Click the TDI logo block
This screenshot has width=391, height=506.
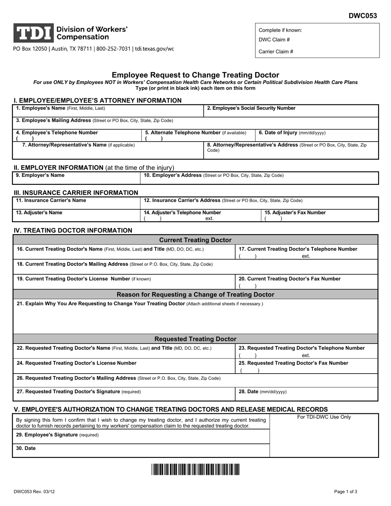pyautogui.click(x=34, y=33)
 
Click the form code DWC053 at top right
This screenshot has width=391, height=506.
pyautogui.click(x=363, y=16)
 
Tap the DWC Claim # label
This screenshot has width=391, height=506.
pyautogui.click(x=274, y=40)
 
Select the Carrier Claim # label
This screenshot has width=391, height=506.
pyautogui.click(x=276, y=52)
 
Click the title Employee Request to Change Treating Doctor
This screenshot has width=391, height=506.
pyautogui.click(x=195, y=75)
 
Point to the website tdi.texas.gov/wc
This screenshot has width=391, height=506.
pyautogui.click(x=153, y=49)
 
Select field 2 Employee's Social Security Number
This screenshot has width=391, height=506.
pyautogui.click(x=251, y=108)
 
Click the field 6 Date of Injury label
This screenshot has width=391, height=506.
pyautogui.click(x=292, y=133)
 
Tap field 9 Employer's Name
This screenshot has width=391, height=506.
pyautogui.click(x=40, y=175)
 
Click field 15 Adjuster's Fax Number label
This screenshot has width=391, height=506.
pyautogui.click(x=295, y=213)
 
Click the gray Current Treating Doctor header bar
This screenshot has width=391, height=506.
pyautogui.click(x=195, y=240)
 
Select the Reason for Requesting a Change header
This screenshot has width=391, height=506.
pyautogui.click(x=195, y=295)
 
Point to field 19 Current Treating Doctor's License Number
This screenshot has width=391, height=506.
pyautogui.click(x=84, y=279)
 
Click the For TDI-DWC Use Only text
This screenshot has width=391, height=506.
pyautogui.click(x=324, y=417)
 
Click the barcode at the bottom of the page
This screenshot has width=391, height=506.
pyautogui.click(x=195, y=469)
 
